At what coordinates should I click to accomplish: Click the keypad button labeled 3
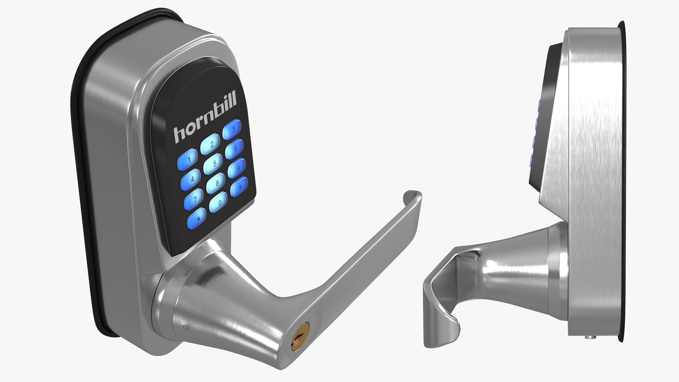[232, 129]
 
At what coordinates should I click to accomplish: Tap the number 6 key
[234, 149]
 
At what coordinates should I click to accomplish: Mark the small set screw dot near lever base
[186, 328]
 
